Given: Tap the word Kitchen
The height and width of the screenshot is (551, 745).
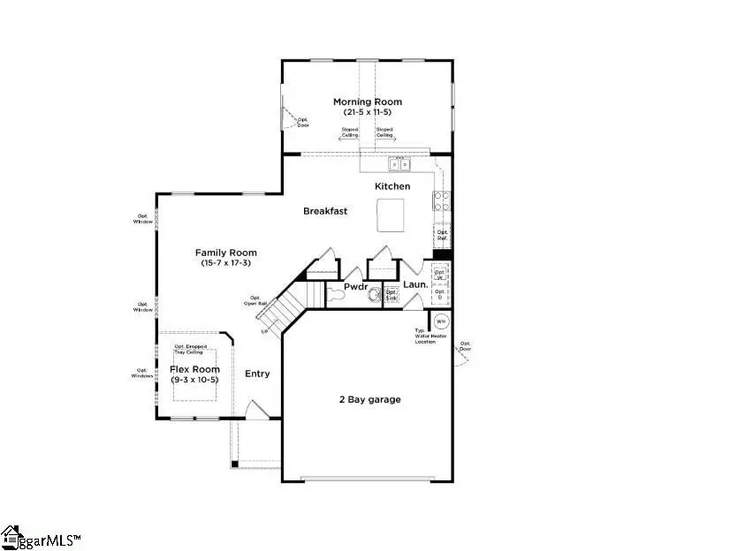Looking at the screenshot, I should [x=392, y=186].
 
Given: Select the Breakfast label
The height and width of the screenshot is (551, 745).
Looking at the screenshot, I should [x=325, y=211].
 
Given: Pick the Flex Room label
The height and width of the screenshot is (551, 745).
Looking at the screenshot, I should [x=194, y=369].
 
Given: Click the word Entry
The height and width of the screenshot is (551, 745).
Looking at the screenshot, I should [x=257, y=374].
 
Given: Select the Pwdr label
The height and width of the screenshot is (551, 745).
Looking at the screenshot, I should [x=356, y=287].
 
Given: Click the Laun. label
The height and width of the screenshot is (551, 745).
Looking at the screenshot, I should [x=415, y=285].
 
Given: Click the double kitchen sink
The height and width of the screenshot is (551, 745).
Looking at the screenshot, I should [x=399, y=163].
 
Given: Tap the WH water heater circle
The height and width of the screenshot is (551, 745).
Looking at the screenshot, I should [x=441, y=321].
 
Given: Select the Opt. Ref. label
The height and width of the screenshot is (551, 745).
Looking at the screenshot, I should [x=442, y=236].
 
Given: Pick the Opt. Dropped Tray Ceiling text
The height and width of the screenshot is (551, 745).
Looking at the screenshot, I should [x=191, y=349].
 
